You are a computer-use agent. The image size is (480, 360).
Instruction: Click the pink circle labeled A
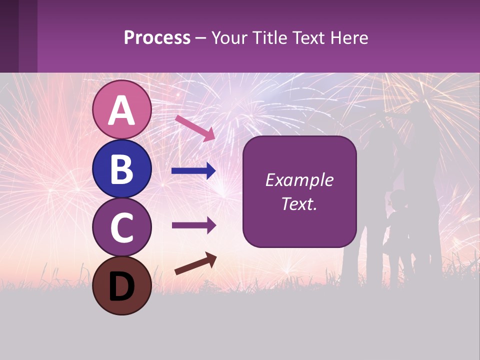click(x=121, y=110)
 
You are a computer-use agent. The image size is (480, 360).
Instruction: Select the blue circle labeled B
click(x=121, y=168)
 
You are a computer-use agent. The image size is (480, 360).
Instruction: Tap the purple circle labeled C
click(x=121, y=227)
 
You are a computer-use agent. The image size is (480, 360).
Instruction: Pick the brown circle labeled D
click(x=121, y=285)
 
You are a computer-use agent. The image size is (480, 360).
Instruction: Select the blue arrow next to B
click(x=193, y=171)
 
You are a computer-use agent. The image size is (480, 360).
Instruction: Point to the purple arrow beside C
click(x=193, y=225)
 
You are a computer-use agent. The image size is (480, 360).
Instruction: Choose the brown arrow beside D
click(x=195, y=263)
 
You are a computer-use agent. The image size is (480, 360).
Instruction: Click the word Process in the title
click(x=157, y=38)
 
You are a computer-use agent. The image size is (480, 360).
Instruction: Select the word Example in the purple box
click(x=299, y=180)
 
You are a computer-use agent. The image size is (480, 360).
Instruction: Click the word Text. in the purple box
click(x=299, y=203)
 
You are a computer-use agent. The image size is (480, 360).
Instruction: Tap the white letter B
click(x=121, y=168)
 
